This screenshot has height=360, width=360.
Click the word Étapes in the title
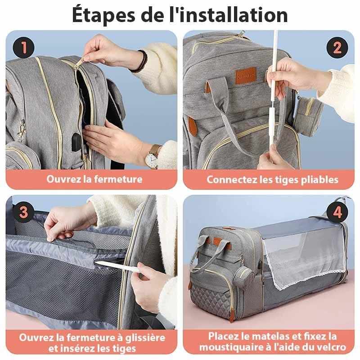[103, 15]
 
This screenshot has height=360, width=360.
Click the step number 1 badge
[24, 48]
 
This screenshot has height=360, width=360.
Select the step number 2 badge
[337, 48]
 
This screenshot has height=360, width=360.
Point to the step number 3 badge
[24, 212]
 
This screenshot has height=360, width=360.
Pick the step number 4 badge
[337, 212]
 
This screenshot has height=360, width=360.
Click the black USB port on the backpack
[76, 142]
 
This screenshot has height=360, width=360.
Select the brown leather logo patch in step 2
[246, 75]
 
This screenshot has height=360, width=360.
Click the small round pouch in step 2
[308, 115]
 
